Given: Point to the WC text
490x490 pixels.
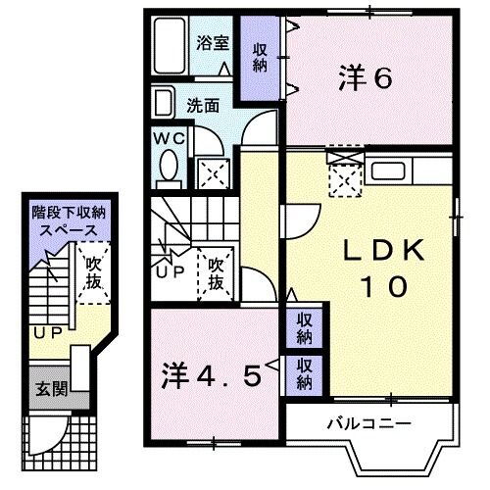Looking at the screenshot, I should tap(164, 137).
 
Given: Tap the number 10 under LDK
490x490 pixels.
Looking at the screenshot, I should tap(381, 287).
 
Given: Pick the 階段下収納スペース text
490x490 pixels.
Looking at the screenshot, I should tap(63, 220).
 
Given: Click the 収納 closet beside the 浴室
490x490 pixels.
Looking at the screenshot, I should tap(260, 58).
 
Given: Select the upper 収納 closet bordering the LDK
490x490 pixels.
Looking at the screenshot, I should tap(305, 328).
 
